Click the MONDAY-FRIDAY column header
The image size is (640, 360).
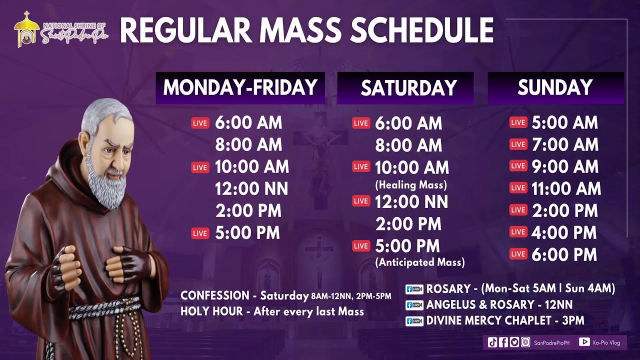(240, 88)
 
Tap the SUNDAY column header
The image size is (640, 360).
(555, 88)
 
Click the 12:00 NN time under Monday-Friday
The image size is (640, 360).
(251, 189)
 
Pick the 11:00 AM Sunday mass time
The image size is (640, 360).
(566, 188)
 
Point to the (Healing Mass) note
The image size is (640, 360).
(411, 185)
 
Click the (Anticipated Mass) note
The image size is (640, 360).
(420, 262)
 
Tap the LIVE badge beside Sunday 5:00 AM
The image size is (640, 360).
(518, 122)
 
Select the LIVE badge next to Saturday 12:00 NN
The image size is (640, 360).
(361, 201)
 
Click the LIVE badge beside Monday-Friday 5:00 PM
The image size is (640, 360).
(200, 233)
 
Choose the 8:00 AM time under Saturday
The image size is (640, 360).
(408, 145)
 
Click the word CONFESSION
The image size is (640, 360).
(214, 295)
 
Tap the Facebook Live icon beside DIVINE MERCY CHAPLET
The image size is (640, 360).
(414, 320)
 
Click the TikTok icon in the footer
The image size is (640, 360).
(492, 342)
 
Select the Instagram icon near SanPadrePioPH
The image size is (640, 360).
(525, 342)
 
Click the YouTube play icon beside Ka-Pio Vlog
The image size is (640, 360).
(584, 342)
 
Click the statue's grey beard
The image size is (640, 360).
(107, 185)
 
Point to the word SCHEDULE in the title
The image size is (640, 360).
(421, 31)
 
